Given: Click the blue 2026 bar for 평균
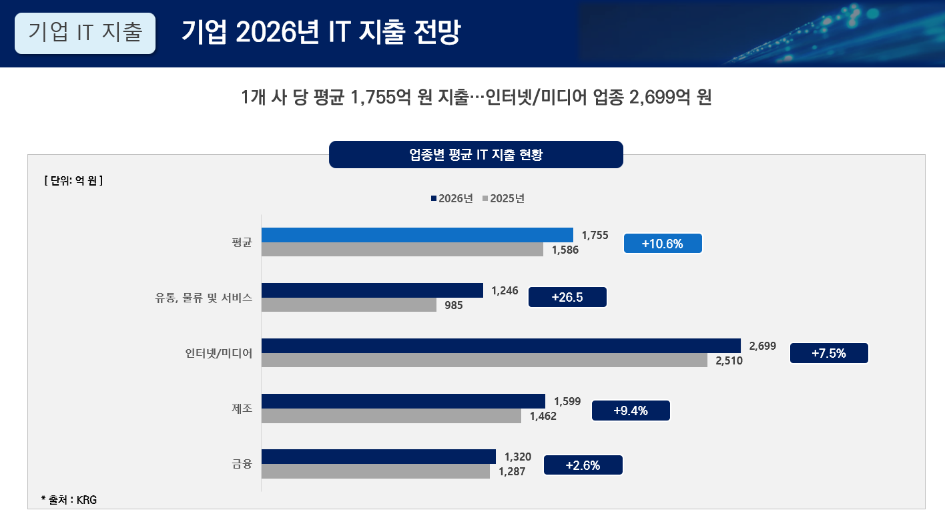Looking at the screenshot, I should point(417,235).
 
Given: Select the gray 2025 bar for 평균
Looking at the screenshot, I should point(402,250).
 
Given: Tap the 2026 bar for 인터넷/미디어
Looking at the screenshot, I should point(501,346).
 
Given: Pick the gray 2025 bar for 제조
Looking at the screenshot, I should point(391,416).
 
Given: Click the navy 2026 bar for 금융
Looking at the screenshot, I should point(378,457).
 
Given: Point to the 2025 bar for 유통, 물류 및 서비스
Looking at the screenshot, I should point(349,305).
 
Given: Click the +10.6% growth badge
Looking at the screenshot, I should point(663,244).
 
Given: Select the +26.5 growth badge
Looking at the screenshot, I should point(567,297).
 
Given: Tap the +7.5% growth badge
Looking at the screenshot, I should point(829,353).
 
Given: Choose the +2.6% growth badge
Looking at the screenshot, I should point(583,465).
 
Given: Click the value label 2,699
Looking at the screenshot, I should point(763,346).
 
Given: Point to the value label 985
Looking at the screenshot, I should point(453,306).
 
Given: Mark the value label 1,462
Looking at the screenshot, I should point(543,417).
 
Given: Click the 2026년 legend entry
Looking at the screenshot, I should point(452,198).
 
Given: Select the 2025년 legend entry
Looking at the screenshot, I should point(503,198).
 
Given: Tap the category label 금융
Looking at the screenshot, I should point(242,464).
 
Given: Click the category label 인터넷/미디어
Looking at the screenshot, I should point(219,353).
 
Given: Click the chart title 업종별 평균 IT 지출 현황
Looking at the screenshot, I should point(476,155).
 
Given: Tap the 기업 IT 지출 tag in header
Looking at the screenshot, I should point(85,33).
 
